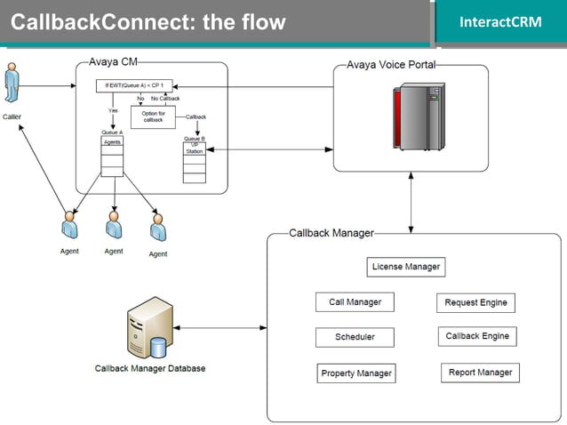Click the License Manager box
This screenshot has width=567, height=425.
pos(404,267)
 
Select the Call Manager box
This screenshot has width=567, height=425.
pos(355,302)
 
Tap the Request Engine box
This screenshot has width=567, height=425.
pos(475,303)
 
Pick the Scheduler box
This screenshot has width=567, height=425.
pos(355,338)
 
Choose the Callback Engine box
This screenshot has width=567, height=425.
pos(477,337)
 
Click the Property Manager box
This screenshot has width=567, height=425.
pos(356,373)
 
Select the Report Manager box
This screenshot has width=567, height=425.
pos(480,373)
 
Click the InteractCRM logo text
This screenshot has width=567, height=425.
pos(500,21)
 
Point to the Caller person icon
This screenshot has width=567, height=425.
pos(12,84)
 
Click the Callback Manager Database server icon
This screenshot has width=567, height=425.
pos(149,327)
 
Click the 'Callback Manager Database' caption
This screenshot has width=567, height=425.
pos(149,368)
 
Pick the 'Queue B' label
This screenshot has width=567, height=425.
pos(194,139)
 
